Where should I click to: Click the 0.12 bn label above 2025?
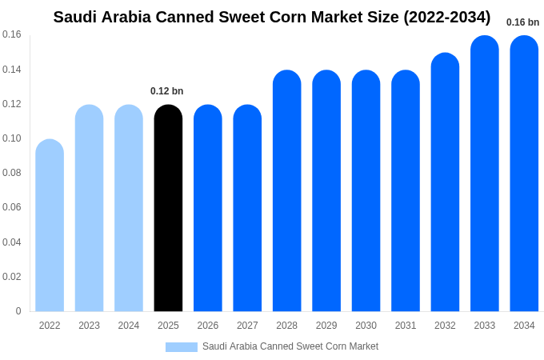point(167,91)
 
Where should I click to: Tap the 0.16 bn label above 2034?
point(522,22)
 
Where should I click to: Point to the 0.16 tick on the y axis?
point(12,34)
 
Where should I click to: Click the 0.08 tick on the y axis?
point(12,173)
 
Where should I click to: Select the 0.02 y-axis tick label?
point(12,277)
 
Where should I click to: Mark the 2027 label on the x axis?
point(247,326)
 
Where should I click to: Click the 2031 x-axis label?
point(406,326)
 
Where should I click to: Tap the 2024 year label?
point(129,326)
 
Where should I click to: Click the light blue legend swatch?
point(182,347)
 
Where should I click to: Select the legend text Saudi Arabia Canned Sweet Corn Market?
point(290,346)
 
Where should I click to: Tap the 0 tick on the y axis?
point(18,311)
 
